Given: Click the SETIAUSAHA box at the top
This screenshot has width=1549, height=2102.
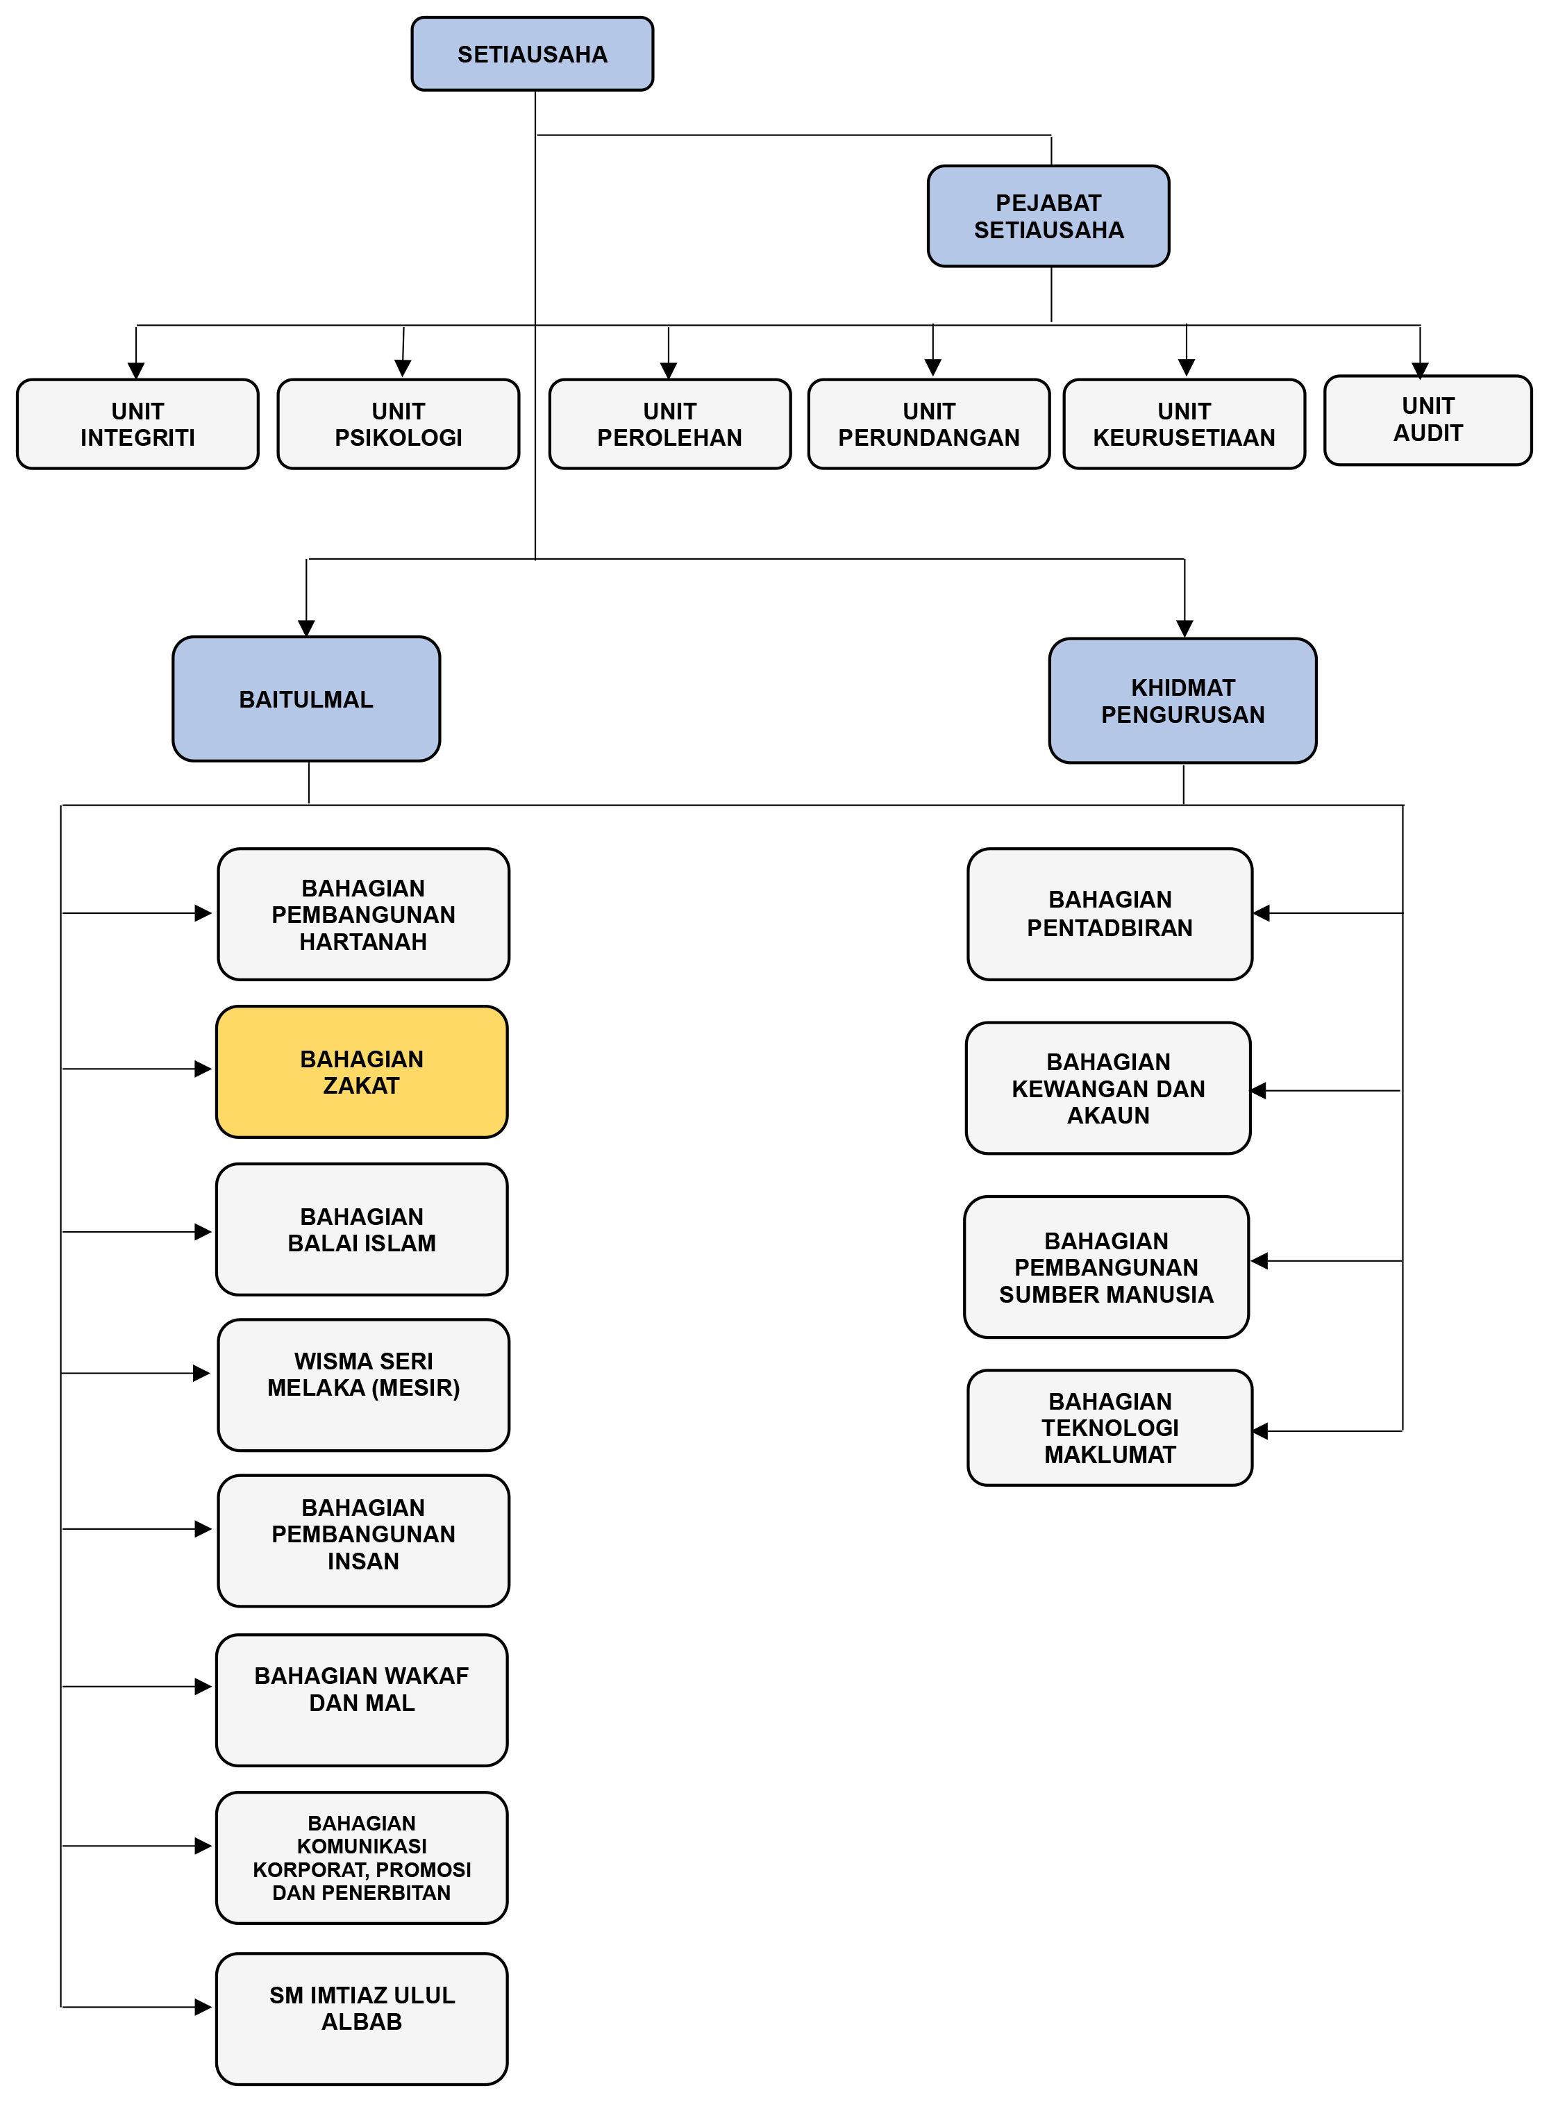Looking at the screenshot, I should click(x=532, y=54).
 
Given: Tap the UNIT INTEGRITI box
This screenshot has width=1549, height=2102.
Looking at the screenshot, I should click(x=138, y=424).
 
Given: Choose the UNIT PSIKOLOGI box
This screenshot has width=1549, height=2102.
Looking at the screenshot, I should click(x=399, y=424).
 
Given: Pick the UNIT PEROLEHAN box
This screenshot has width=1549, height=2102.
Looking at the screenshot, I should click(x=669, y=424).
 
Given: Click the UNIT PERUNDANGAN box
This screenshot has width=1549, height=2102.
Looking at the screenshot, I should click(x=928, y=424).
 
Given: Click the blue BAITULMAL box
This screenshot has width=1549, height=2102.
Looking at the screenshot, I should click(x=305, y=699).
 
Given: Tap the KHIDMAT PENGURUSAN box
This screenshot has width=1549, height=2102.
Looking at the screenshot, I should click(x=1182, y=701).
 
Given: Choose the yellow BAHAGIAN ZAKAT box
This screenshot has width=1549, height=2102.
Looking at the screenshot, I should click(x=362, y=1071).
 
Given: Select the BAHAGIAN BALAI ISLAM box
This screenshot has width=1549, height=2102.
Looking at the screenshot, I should click(x=362, y=1229).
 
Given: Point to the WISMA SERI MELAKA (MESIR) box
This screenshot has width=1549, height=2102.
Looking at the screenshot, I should click(x=364, y=1384).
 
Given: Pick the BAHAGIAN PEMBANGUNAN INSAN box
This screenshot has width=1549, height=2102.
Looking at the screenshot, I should click(x=364, y=1540).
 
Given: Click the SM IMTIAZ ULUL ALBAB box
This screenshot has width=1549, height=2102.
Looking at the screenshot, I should click(x=362, y=2017).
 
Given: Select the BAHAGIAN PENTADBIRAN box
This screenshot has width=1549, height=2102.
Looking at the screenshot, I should click(x=1110, y=914).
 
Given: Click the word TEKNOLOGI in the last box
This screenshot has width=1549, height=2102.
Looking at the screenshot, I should click(x=1110, y=1428).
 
